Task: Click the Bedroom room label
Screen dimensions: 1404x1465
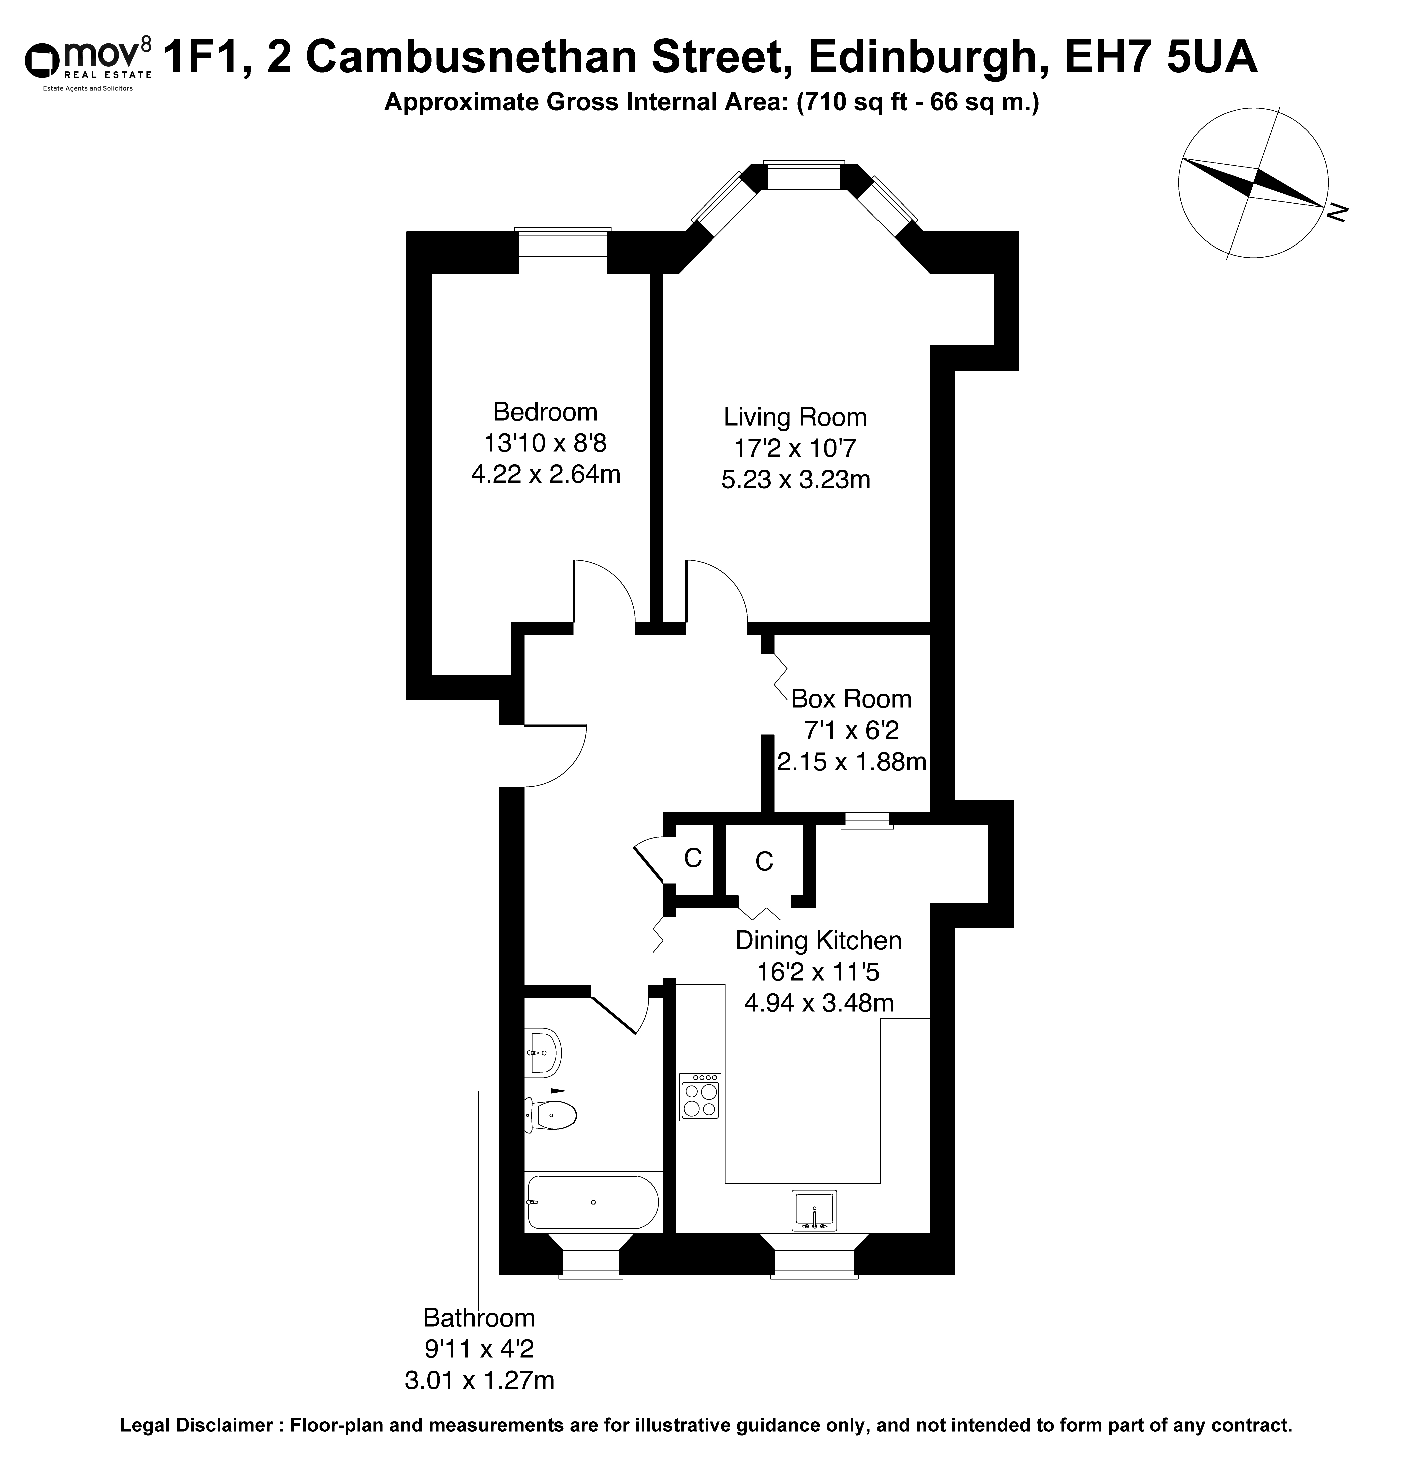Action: (x=545, y=412)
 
